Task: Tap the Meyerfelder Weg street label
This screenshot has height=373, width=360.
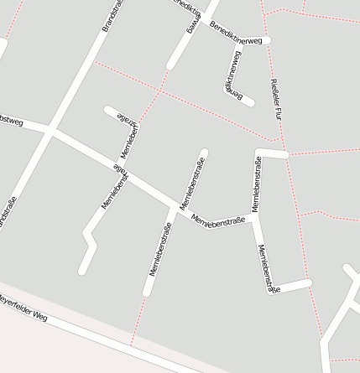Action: [23, 308]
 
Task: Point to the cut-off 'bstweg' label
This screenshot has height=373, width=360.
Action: [10, 122]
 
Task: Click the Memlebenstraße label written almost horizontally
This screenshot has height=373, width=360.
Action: [218, 220]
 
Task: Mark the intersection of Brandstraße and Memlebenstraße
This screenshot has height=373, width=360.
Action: [51, 130]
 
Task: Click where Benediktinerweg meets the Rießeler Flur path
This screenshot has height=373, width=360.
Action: [266, 40]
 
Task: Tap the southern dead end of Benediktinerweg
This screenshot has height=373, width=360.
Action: [249, 101]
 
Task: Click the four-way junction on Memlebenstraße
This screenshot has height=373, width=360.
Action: [174, 205]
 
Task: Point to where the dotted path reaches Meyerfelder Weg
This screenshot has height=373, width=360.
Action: [131, 345]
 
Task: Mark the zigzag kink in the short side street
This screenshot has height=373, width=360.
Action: [87, 236]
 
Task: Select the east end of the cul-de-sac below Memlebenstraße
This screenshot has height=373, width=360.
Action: [308, 282]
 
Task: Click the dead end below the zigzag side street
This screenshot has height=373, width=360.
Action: [82, 271]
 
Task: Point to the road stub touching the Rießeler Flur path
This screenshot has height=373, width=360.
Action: [284, 154]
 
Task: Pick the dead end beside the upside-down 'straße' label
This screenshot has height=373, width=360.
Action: [107, 109]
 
